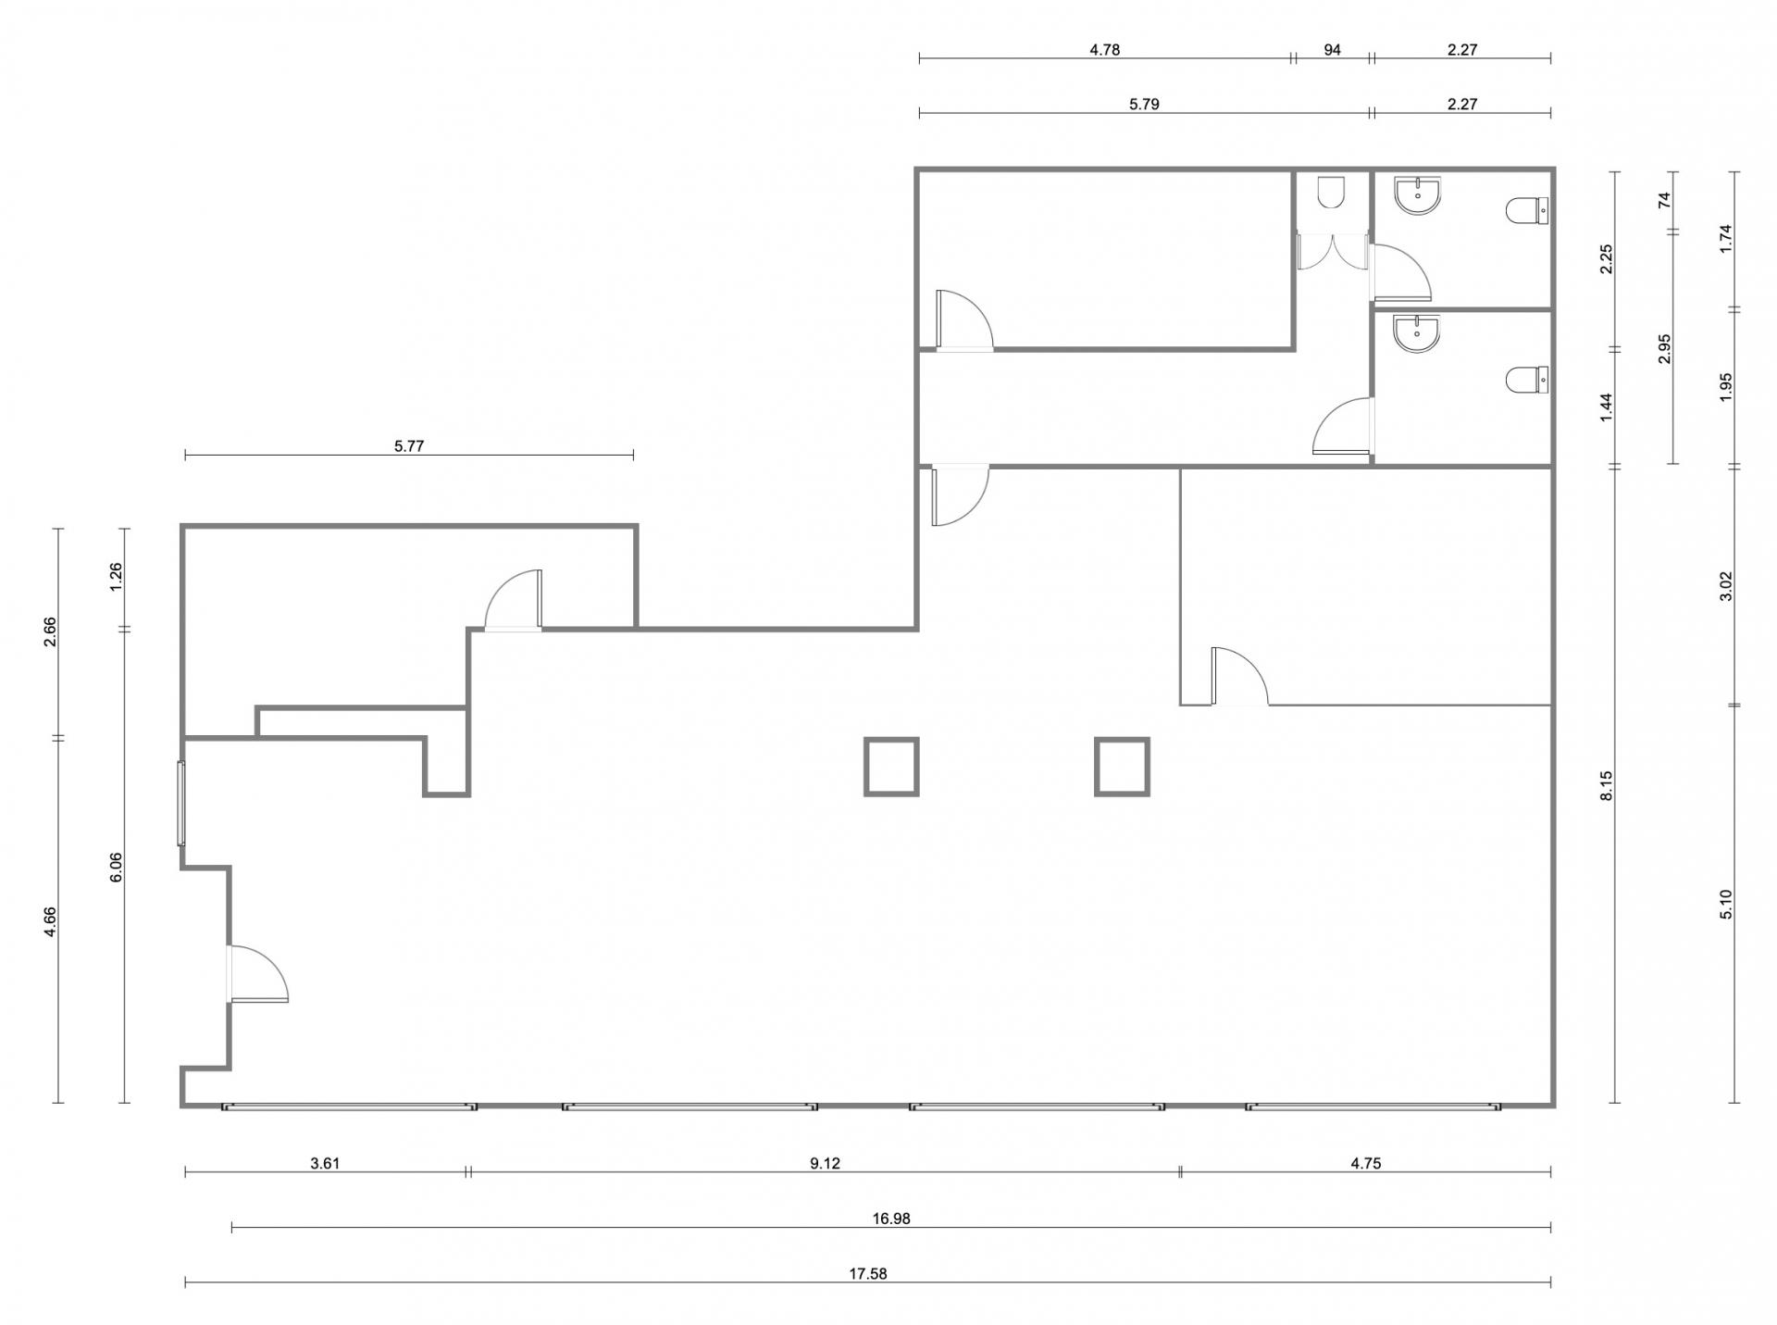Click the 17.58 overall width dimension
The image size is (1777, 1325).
[x=867, y=1273]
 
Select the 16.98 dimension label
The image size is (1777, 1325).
[x=890, y=1219]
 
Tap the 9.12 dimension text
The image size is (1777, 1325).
[x=825, y=1163]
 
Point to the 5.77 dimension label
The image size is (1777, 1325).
[x=408, y=445]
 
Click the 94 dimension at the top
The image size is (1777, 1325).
[x=1332, y=50]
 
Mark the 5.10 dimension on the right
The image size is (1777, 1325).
[x=1725, y=904]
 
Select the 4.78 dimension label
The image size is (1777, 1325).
[x=1104, y=50]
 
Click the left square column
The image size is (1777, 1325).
[x=891, y=767]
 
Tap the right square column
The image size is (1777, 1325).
[x=1122, y=767]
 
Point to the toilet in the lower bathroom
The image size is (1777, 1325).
[x=1527, y=380]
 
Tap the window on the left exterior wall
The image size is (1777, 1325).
[x=181, y=803]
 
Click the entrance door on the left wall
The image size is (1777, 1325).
[x=258, y=973]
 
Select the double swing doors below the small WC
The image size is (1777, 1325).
[x=1333, y=251]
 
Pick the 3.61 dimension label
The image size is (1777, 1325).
[x=325, y=1163]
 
